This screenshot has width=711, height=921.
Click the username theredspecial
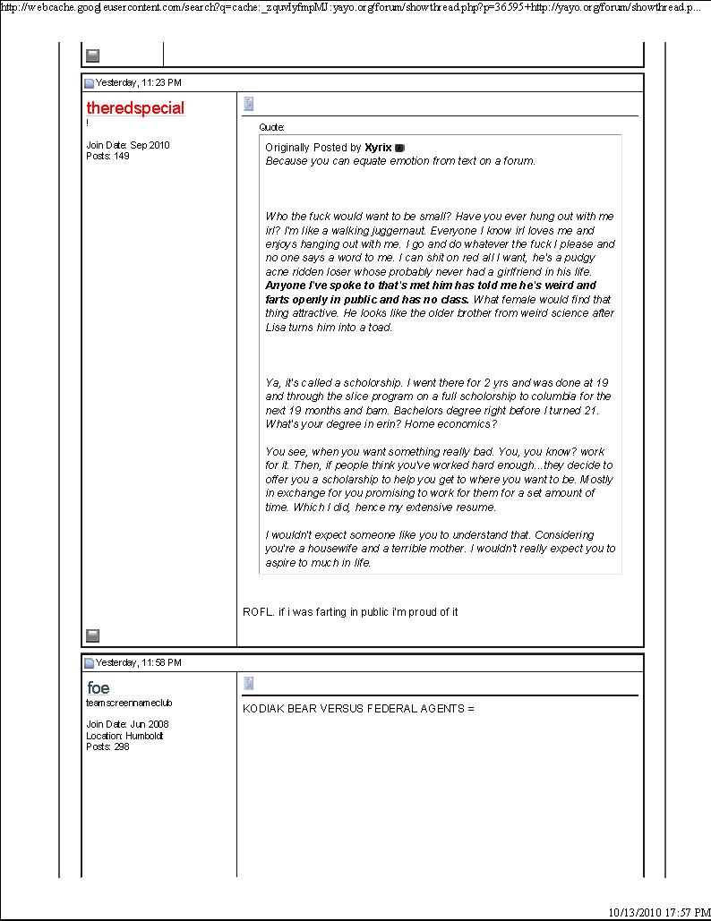click(135, 108)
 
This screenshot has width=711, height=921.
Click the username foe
click(99, 687)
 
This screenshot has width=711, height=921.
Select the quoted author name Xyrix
click(378, 148)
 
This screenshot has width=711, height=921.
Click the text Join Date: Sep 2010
click(127, 145)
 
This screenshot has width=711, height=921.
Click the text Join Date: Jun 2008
click(126, 724)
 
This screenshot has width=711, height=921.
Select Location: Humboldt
click(124, 736)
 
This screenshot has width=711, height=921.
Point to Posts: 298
click(107, 746)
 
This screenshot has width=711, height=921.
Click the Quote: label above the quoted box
click(271, 128)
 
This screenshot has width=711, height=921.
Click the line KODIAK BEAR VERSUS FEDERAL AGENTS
click(358, 709)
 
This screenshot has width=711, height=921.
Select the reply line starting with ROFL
click(350, 612)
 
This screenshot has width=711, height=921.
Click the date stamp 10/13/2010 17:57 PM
click(647, 912)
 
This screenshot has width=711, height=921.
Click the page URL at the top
click(349, 6)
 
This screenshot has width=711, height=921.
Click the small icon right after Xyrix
click(399, 148)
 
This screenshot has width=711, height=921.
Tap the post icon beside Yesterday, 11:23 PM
click(89, 84)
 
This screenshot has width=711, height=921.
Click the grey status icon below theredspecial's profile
click(92, 635)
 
